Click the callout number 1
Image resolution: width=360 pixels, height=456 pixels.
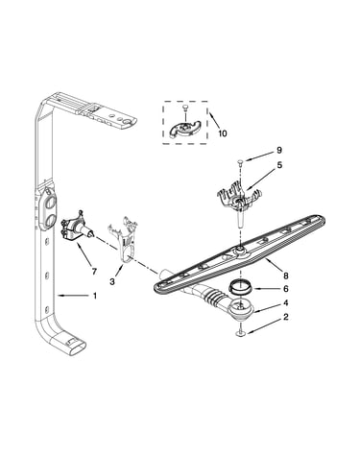95,296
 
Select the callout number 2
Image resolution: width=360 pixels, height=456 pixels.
285,317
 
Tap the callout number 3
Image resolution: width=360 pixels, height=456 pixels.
112,282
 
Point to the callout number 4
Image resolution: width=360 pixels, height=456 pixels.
285,302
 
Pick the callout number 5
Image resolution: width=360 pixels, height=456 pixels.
279,165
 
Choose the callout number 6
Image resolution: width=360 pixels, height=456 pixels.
285,289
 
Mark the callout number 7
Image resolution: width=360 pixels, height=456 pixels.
94,272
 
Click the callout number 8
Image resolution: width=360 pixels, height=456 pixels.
285,276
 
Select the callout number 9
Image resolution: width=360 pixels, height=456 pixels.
279,150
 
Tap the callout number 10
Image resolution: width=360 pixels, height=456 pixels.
222,133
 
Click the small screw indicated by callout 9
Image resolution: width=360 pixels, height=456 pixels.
240,163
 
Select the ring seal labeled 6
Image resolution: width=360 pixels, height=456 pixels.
240,286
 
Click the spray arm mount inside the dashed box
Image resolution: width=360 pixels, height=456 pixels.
185,129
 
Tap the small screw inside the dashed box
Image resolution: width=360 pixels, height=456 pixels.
185,109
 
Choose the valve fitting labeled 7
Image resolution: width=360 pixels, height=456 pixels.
78,228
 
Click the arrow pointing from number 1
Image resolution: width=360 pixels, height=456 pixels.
73,297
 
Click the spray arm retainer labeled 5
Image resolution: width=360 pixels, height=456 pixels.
238,201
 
